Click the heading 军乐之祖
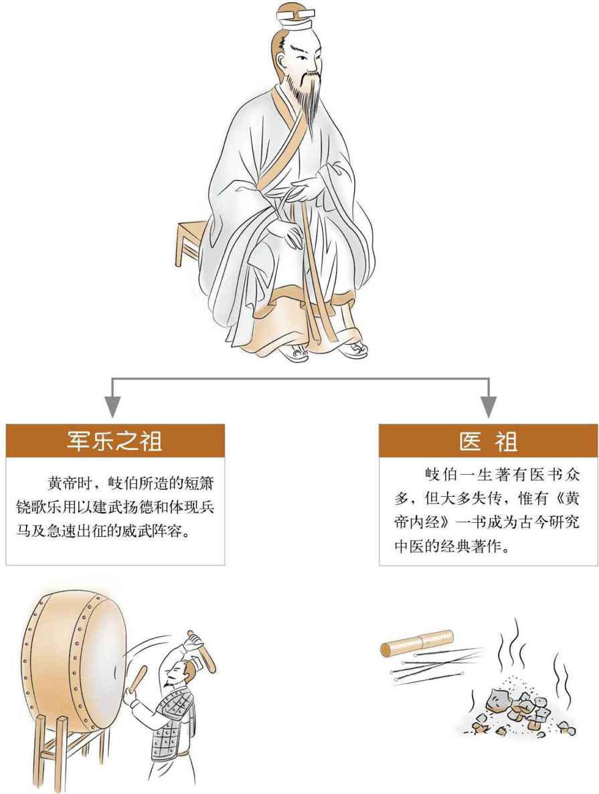point(115,442)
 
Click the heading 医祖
point(488,442)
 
